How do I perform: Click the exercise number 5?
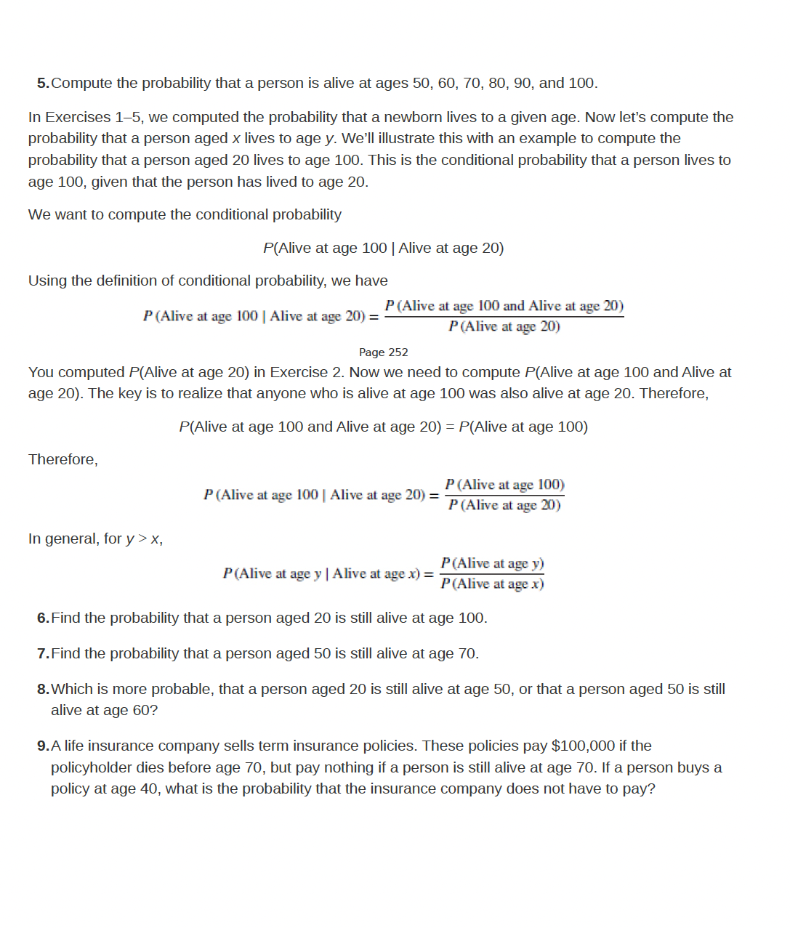click(42, 84)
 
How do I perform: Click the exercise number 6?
click(42, 618)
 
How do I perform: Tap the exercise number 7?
click(42, 654)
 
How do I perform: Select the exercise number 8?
click(42, 690)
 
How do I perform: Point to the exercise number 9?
click(42, 746)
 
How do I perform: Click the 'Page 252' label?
click(383, 352)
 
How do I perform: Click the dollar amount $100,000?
click(583, 746)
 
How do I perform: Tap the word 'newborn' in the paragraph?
click(410, 118)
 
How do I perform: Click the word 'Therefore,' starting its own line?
click(63, 460)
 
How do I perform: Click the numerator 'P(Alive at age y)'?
click(492, 564)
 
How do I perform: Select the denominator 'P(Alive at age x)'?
click(492, 584)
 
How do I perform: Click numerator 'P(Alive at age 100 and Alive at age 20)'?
click(504, 307)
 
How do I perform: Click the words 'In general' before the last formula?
click(63, 539)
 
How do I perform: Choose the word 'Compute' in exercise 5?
click(81, 84)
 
